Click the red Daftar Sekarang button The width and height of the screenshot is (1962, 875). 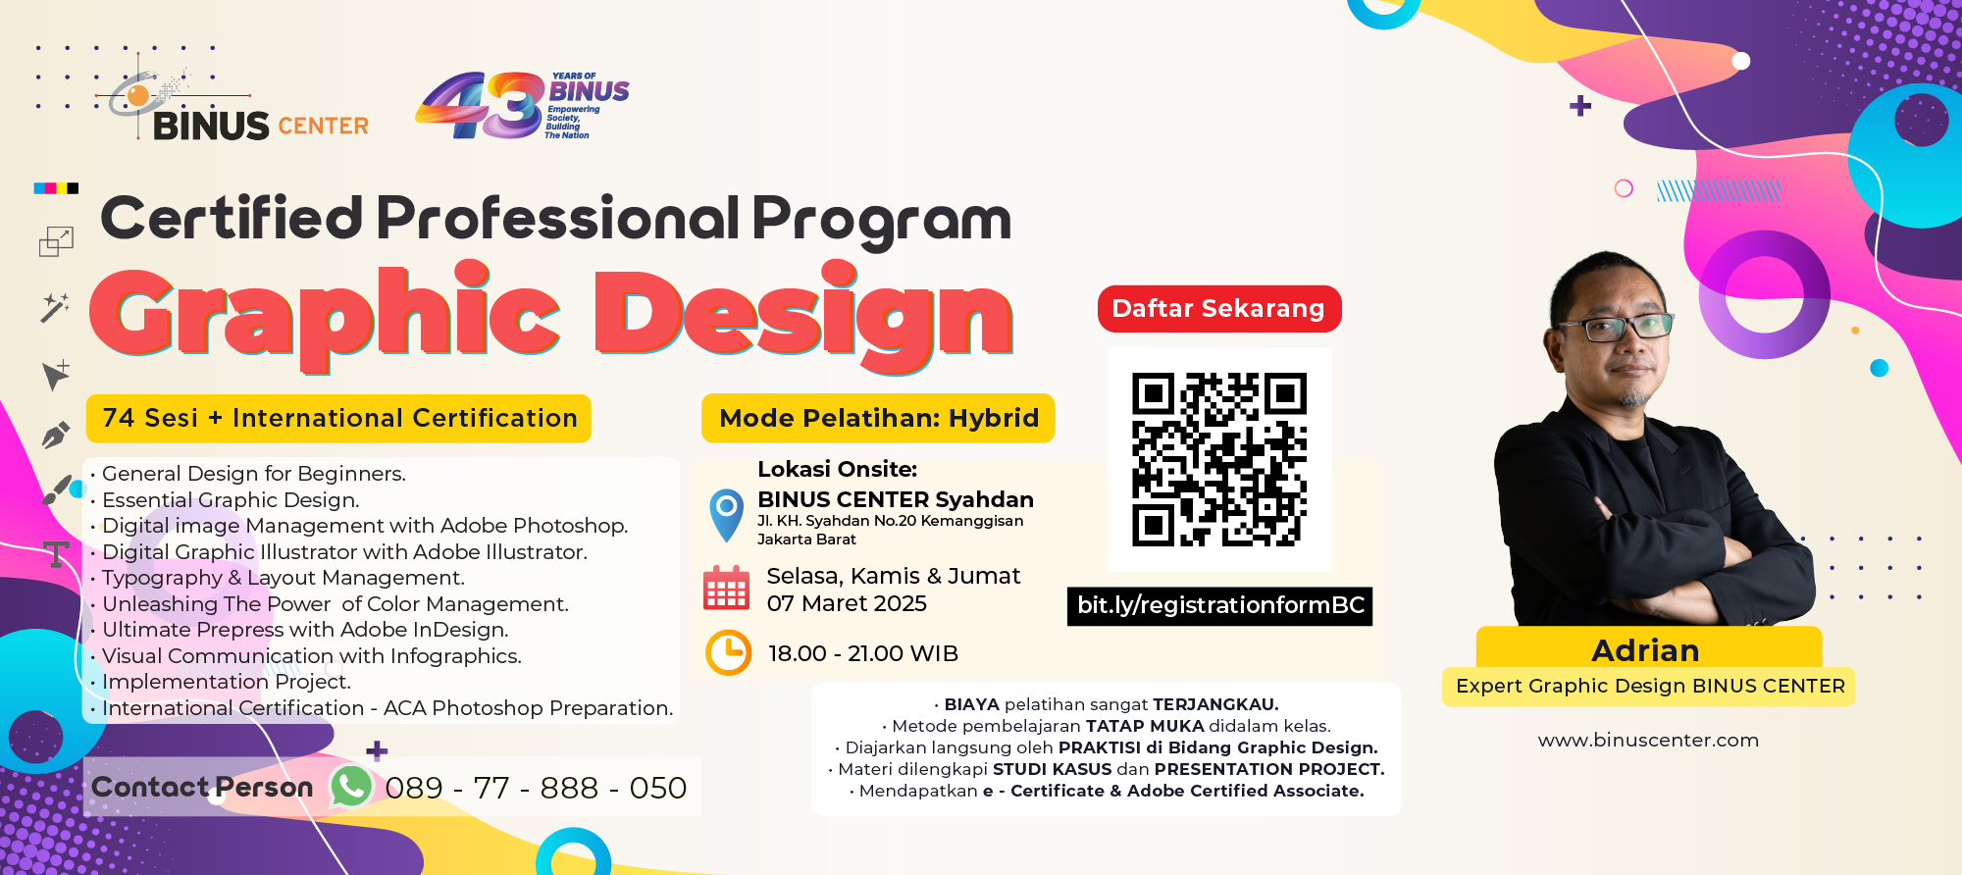coord(1219,309)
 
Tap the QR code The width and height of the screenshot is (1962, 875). coord(1219,459)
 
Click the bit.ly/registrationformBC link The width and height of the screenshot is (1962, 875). coord(1219,605)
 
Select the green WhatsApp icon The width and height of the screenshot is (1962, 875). coord(350,787)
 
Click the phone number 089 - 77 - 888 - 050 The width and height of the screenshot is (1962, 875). coord(536,788)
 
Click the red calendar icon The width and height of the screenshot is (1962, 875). coord(727,588)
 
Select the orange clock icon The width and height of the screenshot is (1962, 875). coord(728,653)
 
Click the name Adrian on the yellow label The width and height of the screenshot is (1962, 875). coord(1646,650)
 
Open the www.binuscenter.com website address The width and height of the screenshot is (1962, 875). coord(1648,741)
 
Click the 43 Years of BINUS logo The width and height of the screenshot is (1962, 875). coord(522,105)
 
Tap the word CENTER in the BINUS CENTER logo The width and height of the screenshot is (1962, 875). coord(324,126)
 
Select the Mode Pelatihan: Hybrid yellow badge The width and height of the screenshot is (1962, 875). coord(878,418)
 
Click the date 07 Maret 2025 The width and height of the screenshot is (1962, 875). coord(847,603)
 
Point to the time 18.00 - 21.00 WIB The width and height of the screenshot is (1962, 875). coord(863,653)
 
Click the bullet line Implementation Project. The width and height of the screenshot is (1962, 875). coord(227,682)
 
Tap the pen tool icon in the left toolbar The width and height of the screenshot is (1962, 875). coord(56,434)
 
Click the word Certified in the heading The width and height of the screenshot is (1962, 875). coord(232,218)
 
